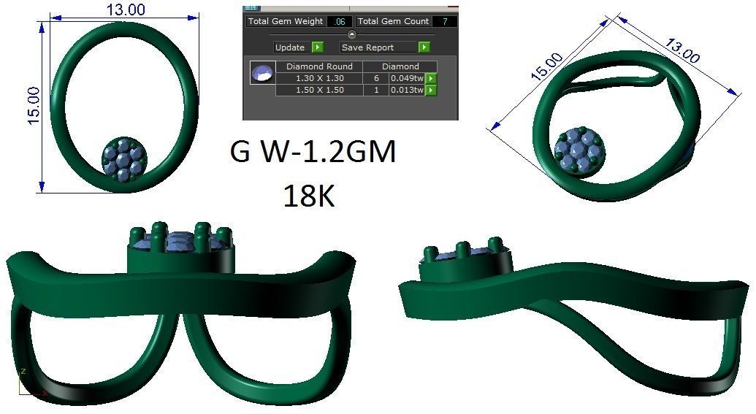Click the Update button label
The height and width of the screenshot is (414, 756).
tap(290, 47)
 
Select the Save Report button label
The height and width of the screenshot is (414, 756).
tap(377, 47)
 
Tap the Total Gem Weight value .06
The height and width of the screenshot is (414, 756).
tap(340, 22)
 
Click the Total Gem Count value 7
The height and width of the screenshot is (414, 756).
tap(444, 22)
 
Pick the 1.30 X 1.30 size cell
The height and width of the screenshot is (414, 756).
tap(319, 78)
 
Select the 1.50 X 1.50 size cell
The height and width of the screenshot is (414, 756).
tap(319, 90)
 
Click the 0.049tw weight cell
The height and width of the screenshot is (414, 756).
tap(407, 78)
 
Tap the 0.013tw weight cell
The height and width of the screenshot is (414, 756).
tap(407, 90)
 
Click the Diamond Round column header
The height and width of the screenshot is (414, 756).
tap(319, 66)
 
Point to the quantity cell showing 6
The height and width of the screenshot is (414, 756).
tap(375, 78)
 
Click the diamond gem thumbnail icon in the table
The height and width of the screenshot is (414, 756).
tap(261, 73)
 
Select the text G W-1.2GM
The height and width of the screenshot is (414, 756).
tap(313, 152)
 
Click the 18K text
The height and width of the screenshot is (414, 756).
tap(308, 195)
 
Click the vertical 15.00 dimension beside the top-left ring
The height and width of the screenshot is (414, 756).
tap(33, 106)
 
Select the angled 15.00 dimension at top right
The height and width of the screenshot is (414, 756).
tap(546, 66)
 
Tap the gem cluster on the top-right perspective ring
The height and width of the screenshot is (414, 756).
tap(578, 153)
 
